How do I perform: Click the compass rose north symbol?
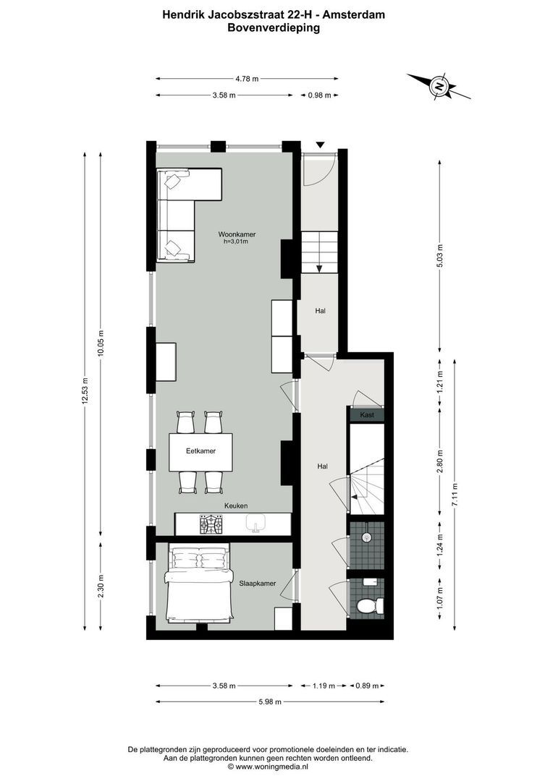[439, 86]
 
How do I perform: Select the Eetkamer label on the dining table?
[200, 451]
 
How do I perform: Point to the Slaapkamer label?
[257, 581]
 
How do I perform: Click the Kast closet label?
[366, 415]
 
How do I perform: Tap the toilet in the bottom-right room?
[371, 605]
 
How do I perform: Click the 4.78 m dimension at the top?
[246, 79]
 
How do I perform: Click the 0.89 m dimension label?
[367, 685]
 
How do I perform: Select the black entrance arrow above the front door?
[320, 145]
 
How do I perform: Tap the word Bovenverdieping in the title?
[274, 28]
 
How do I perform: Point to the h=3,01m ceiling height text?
[236, 242]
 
